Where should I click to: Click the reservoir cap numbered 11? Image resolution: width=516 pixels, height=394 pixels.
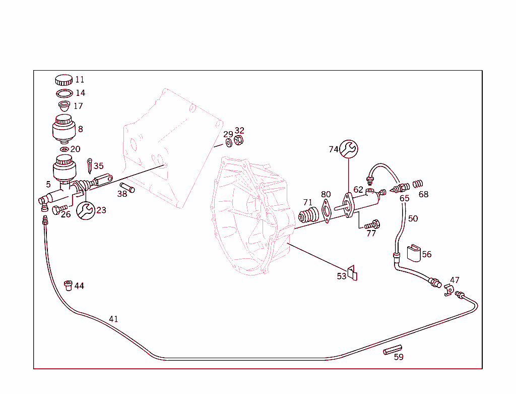(x=63, y=80)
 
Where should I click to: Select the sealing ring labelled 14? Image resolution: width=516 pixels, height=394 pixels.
(x=63, y=93)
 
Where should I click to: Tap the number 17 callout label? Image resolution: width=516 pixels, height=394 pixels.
(x=78, y=106)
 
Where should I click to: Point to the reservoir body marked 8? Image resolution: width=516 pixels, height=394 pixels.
(x=63, y=129)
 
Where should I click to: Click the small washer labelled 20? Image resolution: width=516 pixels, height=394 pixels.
(x=63, y=149)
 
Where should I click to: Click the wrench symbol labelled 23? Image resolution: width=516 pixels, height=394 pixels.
(x=85, y=210)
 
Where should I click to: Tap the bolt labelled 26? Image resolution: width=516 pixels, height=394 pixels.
(x=59, y=208)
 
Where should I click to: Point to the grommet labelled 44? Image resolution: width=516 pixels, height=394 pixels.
(x=68, y=286)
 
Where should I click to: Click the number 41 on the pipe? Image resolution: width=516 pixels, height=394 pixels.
(x=113, y=319)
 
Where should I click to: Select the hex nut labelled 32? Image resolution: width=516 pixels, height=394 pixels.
(x=240, y=140)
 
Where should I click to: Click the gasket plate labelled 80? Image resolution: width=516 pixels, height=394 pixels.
(x=326, y=210)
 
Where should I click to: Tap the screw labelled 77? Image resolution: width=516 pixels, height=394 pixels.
(x=372, y=224)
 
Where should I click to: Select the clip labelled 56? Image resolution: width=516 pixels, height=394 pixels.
(x=413, y=252)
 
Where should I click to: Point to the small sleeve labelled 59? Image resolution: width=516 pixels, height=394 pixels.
(x=393, y=349)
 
